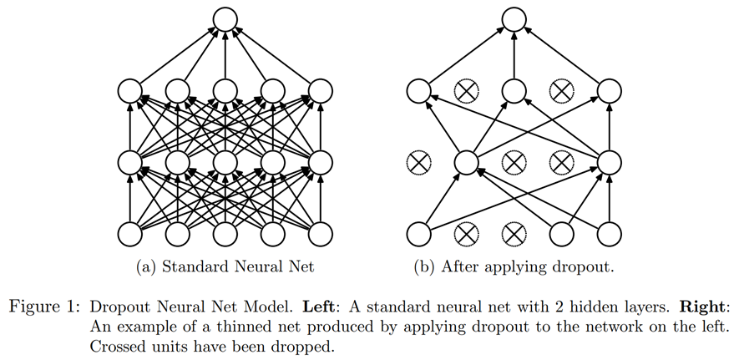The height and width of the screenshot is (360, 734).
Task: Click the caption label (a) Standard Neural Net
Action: pyautogui.click(x=225, y=268)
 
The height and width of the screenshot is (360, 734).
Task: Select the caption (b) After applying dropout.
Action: pyautogui.click(x=513, y=268)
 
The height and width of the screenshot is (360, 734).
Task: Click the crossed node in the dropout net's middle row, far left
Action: pyautogui.click(x=418, y=160)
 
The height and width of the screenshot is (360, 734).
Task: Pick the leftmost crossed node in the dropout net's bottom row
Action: pyautogui.click(x=465, y=232)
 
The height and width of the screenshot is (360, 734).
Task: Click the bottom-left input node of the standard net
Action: pyautogui.click(x=130, y=232)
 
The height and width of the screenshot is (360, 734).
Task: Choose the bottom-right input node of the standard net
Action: pyautogui.click(x=320, y=232)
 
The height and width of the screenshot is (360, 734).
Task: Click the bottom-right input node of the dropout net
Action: pyautogui.click(x=608, y=232)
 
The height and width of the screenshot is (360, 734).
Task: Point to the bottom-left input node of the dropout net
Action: pyautogui.click(x=418, y=232)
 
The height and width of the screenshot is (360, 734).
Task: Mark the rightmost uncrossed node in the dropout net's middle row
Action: pyautogui.click(x=608, y=160)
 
